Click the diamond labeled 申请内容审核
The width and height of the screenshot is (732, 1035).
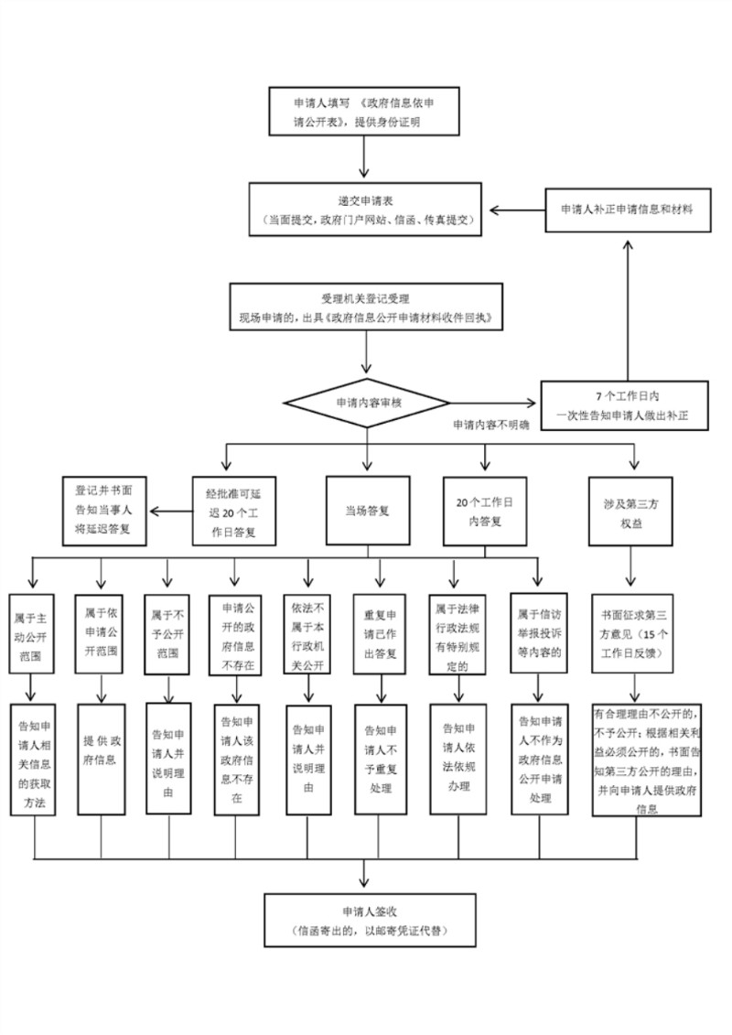[x=366, y=403]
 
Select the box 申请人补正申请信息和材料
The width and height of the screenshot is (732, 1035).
[x=627, y=210]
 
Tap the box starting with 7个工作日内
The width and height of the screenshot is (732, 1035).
[x=627, y=405]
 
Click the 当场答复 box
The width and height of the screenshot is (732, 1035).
[x=367, y=512]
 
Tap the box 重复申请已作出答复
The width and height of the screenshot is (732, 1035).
[x=379, y=634]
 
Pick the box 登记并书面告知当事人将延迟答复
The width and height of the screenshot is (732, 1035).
[x=104, y=511]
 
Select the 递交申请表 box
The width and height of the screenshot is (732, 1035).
[x=367, y=210]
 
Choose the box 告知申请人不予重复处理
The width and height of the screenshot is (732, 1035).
[x=379, y=759]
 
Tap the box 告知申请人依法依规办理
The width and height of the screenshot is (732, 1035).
[x=457, y=759]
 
